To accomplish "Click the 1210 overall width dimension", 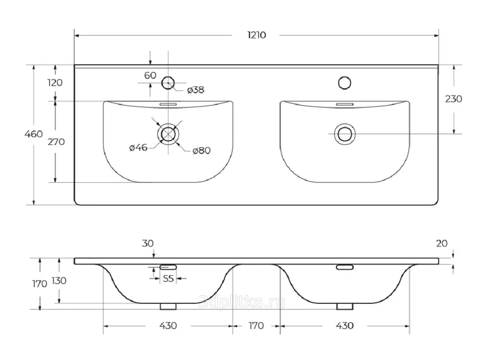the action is coord(256,35).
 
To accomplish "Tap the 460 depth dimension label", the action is coord(34,134).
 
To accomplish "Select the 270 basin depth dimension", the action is coord(56,142).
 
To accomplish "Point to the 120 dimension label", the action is coord(55,83).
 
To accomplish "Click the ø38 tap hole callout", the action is coord(196,90).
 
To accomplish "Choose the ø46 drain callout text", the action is coord(138,148).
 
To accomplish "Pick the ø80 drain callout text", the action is coord(202,151).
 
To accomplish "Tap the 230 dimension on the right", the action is coord(453,99).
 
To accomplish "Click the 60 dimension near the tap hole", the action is coord(150,75).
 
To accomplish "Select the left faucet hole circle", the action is coord(168,83).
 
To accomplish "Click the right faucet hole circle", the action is coord(345,83).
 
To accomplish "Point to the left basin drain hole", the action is coord(168,134).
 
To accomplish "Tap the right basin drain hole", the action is coord(345,134).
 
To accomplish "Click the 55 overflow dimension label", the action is coord(168,279).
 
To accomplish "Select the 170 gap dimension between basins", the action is coord(256,326).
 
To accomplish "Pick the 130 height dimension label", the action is coord(59,281).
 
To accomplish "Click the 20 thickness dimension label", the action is coord(442,243).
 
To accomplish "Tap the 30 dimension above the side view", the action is coord(148,243).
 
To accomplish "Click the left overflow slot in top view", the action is coord(168,105).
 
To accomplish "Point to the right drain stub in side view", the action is coord(345,306).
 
